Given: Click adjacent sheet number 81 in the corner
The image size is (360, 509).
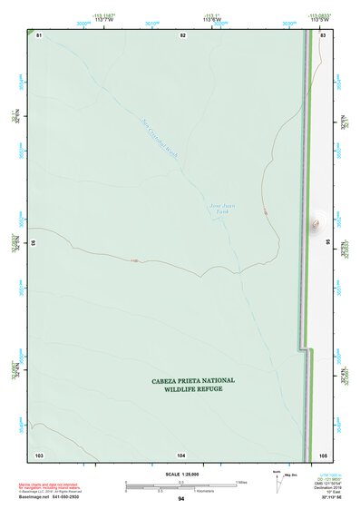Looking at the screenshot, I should pos(39,34).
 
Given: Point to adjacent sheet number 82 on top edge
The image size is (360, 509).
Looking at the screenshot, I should pos(182,34).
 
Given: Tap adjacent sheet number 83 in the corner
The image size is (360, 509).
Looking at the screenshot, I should pos(323,34).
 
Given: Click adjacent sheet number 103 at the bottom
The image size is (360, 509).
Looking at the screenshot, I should pos(39,454).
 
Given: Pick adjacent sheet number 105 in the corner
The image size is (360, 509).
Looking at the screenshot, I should pos(323,454).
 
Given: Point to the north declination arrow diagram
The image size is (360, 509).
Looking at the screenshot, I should pos(280,481).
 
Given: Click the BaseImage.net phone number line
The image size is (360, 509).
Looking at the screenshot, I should pos(51,499).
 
